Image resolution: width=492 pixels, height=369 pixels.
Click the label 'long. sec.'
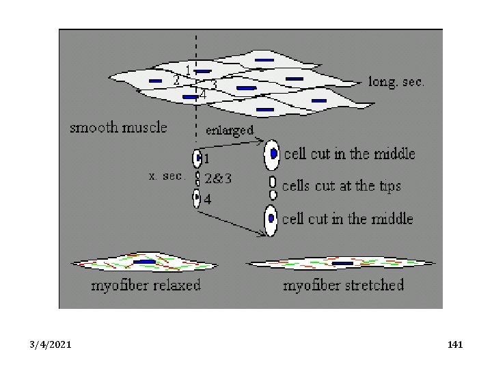(396, 82)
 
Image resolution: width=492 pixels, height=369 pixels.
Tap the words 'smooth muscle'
(118, 127)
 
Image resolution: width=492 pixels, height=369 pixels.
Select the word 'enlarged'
(230, 130)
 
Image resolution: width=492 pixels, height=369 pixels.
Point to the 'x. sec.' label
(167, 176)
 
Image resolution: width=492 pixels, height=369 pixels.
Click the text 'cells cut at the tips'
(341, 185)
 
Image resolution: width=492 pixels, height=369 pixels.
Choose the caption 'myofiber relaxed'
(146, 284)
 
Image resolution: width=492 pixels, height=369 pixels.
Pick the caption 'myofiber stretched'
(344, 284)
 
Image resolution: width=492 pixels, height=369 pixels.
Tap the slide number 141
(455, 345)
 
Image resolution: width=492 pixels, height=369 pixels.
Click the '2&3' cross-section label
(219, 179)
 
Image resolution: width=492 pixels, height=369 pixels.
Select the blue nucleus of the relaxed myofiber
(144, 262)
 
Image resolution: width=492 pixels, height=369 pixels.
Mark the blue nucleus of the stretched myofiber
(342, 263)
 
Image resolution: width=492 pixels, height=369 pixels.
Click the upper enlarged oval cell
(272, 154)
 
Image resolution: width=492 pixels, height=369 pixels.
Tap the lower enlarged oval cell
(271, 219)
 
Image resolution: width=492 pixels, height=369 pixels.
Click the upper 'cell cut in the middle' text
(349, 154)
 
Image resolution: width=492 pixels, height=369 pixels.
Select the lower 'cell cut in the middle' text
(348, 219)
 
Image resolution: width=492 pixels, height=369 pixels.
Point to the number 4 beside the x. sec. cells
(208, 199)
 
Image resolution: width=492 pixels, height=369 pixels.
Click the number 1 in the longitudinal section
(189, 70)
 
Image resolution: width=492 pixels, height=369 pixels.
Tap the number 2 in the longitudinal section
(176, 81)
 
